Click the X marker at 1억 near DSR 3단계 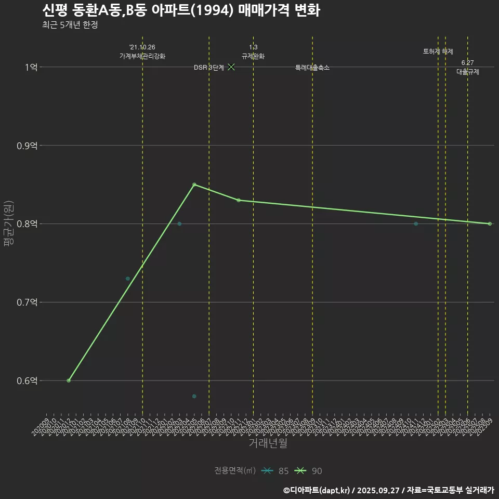click(231, 67)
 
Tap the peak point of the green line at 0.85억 click(194, 185)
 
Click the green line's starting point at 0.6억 click(69, 380)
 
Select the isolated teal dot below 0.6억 click(194, 396)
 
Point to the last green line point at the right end click(490, 224)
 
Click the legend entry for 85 click(275, 471)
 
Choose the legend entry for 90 click(309, 471)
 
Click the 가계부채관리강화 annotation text click(142, 56)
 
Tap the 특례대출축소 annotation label click(312, 68)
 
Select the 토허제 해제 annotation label click(438, 51)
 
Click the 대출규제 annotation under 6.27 click(468, 72)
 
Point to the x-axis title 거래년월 click(268, 443)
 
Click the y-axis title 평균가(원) click(9, 224)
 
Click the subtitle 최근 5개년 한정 click(70, 24)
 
